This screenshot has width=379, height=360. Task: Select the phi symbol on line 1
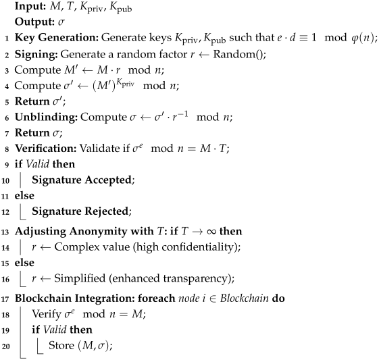(x=352, y=38)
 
